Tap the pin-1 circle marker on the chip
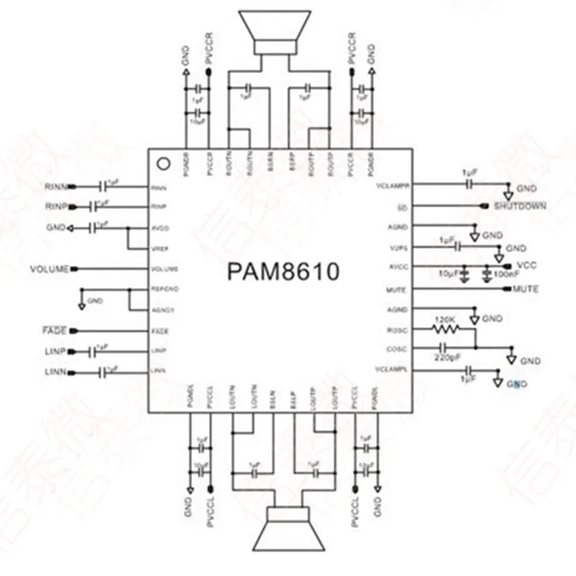[x=162, y=163]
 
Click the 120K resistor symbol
[x=446, y=329]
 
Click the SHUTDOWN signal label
[x=520, y=206]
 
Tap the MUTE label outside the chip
[x=525, y=289]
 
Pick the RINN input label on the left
[x=55, y=187]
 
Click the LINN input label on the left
[x=56, y=372]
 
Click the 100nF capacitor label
[x=502, y=274]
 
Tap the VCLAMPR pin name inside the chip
[x=394, y=186]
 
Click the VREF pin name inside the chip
[x=159, y=249]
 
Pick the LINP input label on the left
[x=56, y=351]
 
